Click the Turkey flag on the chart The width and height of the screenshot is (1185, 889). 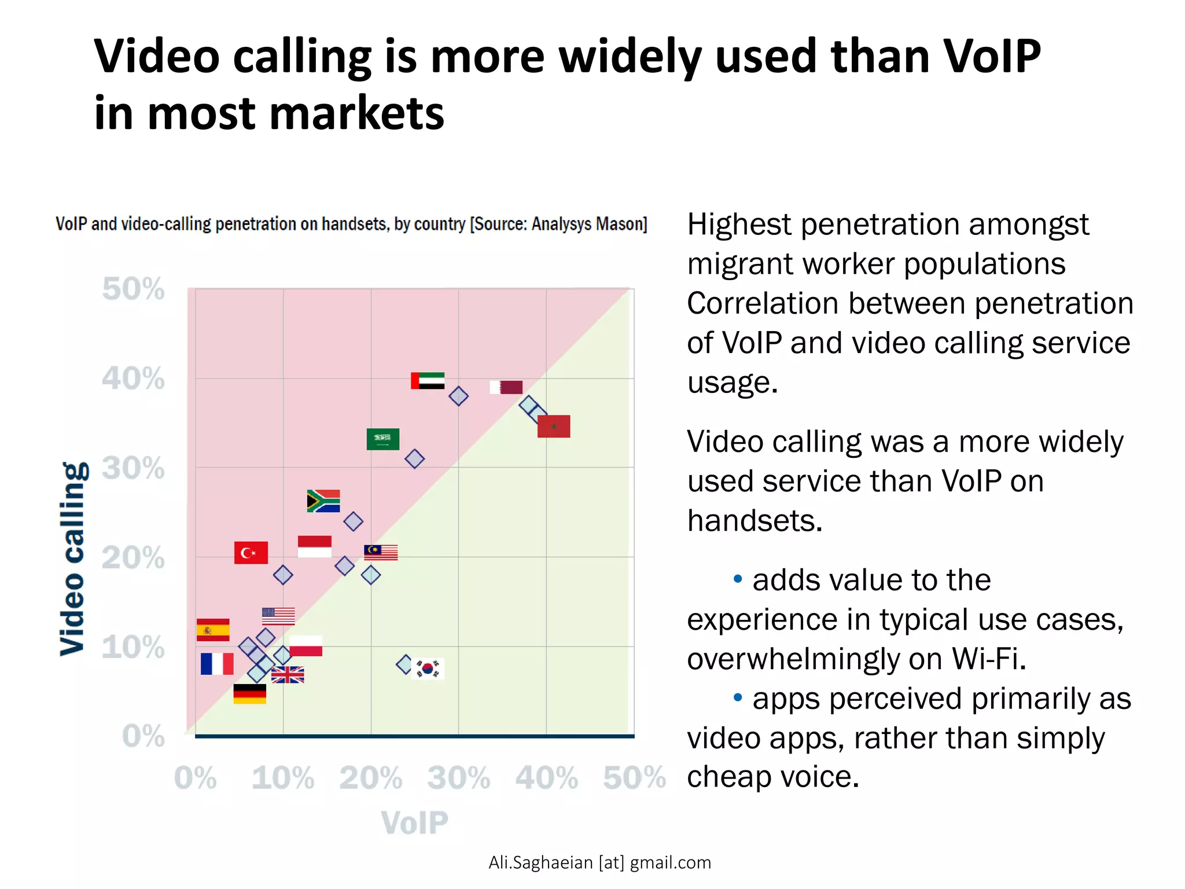tap(251, 553)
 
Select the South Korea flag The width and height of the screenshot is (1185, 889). tap(428, 668)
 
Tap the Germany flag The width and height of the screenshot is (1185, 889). tap(249, 694)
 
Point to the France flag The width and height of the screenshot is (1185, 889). tap(217, 664)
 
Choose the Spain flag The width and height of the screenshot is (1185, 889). tap(213, 630)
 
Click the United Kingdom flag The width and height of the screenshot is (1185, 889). tap(288, 675)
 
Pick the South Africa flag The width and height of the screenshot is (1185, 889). tap(323, 501)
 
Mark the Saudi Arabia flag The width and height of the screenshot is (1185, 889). tap(383, 439)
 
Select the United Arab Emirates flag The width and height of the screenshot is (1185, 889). tap(428, 381)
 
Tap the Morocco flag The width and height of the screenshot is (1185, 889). tap(554, 427)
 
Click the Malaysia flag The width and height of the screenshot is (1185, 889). tap(381, 553)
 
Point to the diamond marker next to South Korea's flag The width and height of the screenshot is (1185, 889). tap(405, 664)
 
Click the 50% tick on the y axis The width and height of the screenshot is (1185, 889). tap(133, 289)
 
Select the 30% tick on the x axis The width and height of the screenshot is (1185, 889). tap(458, 777)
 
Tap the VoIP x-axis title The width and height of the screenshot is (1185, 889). tap(414, 822)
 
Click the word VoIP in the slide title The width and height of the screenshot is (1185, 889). tap(992, 56)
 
